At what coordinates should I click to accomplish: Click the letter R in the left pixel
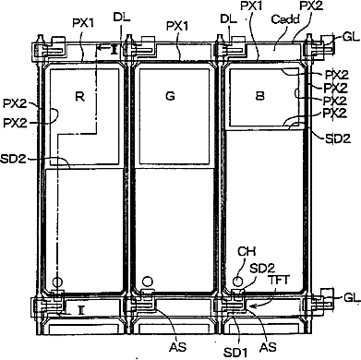coord(79,97)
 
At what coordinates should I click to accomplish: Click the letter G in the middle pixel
coord(170,96)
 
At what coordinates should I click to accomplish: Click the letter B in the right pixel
coord(260,96)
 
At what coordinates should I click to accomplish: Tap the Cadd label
coord(285,19)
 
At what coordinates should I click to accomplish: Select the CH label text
coord(247,251)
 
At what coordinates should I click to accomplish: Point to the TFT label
coord(279,280)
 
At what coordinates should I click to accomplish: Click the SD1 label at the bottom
coord(235,353)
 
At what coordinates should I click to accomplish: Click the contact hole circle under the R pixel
coord(57,282)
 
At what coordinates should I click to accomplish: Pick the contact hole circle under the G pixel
coord(148,281)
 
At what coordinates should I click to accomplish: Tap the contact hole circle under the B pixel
coord(237,281)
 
